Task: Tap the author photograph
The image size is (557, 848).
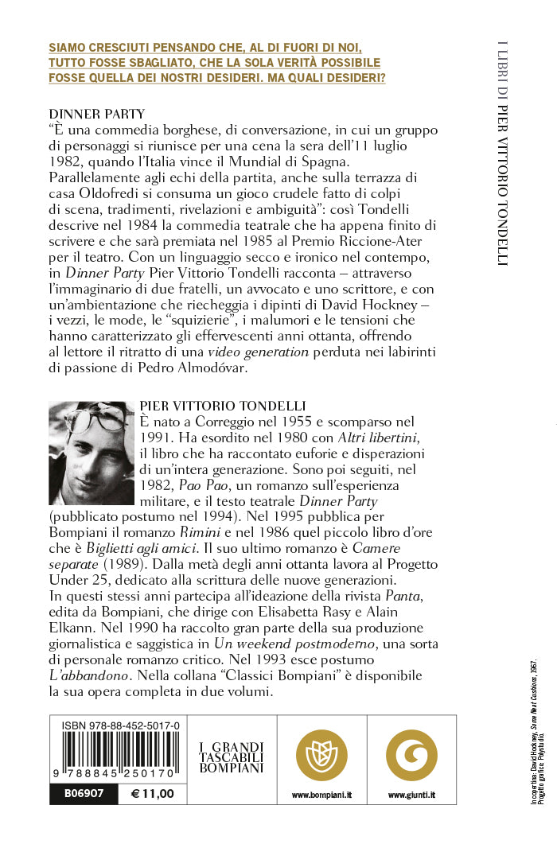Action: [91, 453]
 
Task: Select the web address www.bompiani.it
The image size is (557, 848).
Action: [321, 795]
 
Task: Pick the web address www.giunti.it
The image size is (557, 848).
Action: [411, 795]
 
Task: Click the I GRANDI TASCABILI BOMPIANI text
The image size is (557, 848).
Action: [231, 757]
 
